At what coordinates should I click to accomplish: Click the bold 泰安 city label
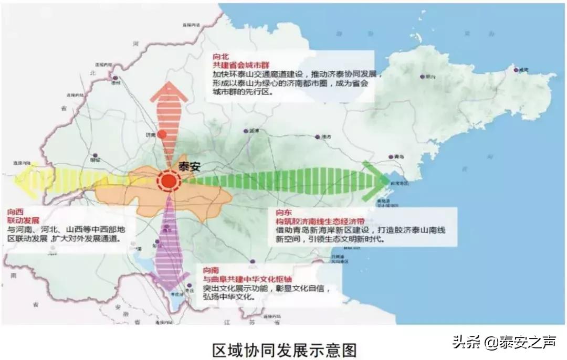coord(190,167)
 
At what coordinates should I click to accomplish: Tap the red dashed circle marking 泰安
coord(169,182)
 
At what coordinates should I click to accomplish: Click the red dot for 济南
coord(162,134)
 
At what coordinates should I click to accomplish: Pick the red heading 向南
coord(211,270)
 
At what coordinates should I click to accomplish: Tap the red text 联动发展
coord(24,220)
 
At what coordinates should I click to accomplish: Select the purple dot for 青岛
coord(391,156)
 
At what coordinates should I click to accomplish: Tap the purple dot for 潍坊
coord(318,136)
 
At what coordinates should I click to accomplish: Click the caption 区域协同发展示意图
coord(284,349)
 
